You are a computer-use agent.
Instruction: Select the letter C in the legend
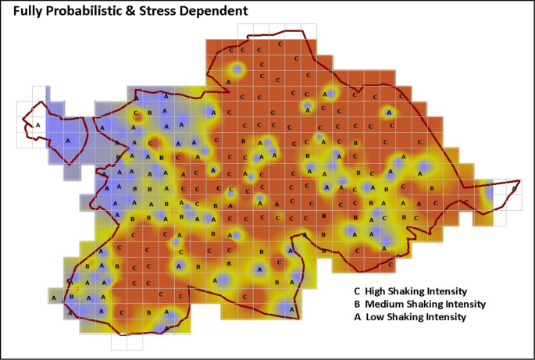(357, 291)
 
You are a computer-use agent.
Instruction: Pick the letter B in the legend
(357, 304)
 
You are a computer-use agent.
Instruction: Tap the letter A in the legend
(357, 317)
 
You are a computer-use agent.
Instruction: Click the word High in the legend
(377, 291)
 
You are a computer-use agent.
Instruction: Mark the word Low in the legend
(376, 317)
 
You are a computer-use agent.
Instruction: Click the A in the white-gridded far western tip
(37, 124)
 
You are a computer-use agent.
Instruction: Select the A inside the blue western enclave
(67, 141)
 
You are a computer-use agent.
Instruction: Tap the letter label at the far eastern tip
(513, 188)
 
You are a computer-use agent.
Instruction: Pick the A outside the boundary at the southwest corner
(54, 298)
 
